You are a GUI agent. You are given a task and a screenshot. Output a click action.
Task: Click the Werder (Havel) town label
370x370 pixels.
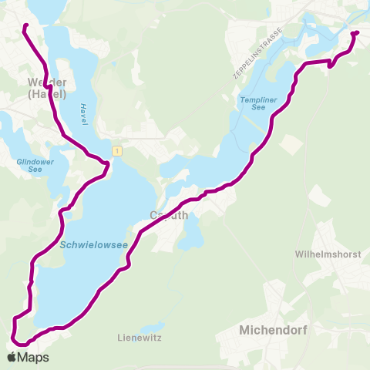tap(48, 88)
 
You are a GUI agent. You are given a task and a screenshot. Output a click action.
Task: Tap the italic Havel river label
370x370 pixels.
tap(82, 113)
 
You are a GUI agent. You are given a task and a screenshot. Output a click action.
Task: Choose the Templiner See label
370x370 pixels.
tap(258, 102)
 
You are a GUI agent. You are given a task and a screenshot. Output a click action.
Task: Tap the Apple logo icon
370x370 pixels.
tap(12, 358)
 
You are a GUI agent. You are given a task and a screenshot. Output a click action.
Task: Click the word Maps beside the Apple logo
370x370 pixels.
tap(33, 358)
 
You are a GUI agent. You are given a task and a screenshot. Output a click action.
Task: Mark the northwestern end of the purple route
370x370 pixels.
tap(25, 26)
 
